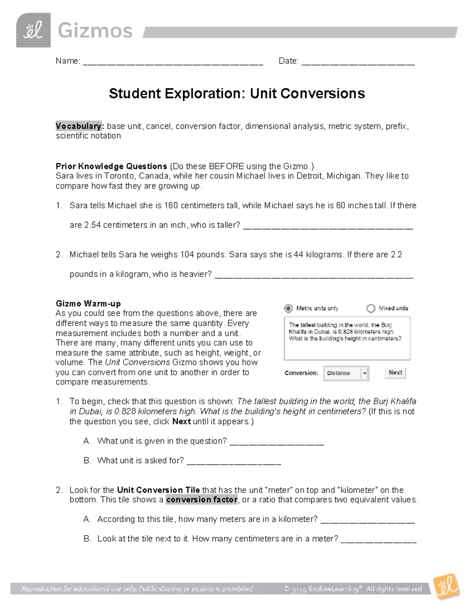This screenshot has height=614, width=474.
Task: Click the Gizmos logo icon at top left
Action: tap(33, 30)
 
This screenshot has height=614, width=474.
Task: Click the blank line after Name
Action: tap(173, 62)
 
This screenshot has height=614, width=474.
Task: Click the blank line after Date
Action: tap(358, 62)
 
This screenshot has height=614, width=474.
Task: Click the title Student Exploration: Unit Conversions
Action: tap(237, 94)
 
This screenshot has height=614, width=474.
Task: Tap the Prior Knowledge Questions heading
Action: tap(111, 166)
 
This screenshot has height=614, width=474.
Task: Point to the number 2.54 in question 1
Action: tap(92, 225)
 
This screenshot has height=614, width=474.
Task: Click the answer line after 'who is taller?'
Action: tap(328, 227)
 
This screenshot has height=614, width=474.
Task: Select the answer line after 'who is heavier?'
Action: tap(314, 276)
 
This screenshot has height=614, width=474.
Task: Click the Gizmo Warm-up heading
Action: tap(88, 304)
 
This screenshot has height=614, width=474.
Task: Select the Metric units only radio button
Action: tap(289, 308)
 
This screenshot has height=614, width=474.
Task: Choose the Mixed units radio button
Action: tap(371, 308)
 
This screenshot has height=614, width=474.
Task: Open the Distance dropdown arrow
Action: tap(365, 373)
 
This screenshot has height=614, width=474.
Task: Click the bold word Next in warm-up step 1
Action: tap(181, 421)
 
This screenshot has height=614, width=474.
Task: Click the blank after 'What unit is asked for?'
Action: tap(233, 462)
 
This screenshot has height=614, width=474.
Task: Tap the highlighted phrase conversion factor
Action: tap(202, 500)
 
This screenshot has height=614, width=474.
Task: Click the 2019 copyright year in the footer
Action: tap(299, 591)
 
